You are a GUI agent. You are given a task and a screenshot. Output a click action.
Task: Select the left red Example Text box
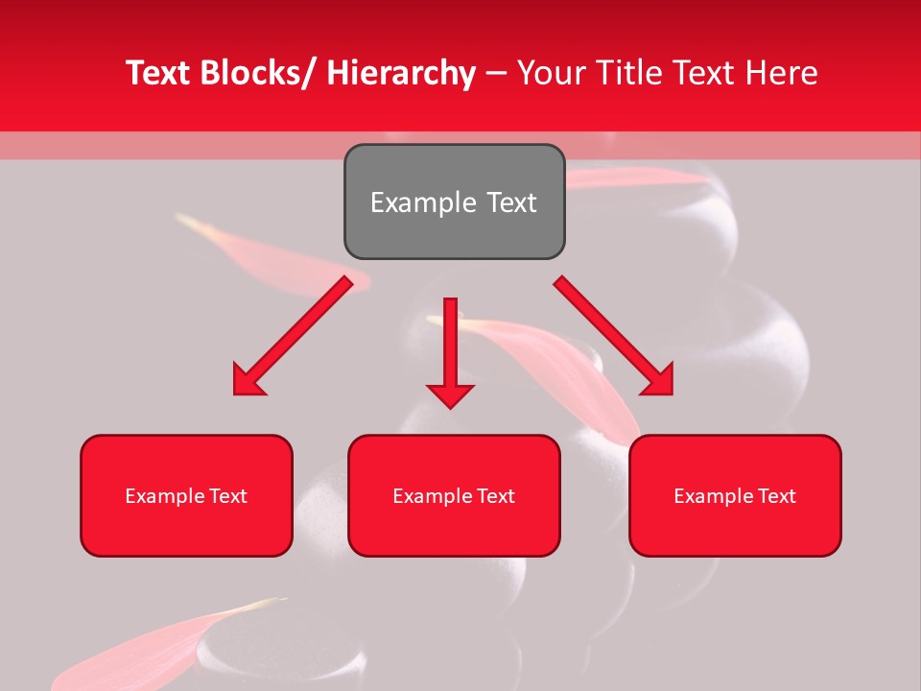(186, 495)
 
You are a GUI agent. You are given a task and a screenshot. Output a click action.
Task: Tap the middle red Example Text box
(454, 495)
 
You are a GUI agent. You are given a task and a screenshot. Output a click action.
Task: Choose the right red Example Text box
(735, 495)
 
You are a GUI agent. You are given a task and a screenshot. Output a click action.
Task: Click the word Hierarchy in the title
(401, 73)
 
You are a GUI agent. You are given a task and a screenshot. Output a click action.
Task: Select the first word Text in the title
(158, 73)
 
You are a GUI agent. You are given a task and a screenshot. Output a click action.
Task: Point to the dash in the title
(496, 73)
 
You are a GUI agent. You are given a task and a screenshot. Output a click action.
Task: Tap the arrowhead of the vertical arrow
(450, 394)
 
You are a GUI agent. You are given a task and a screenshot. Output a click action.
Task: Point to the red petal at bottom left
(144, 648)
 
